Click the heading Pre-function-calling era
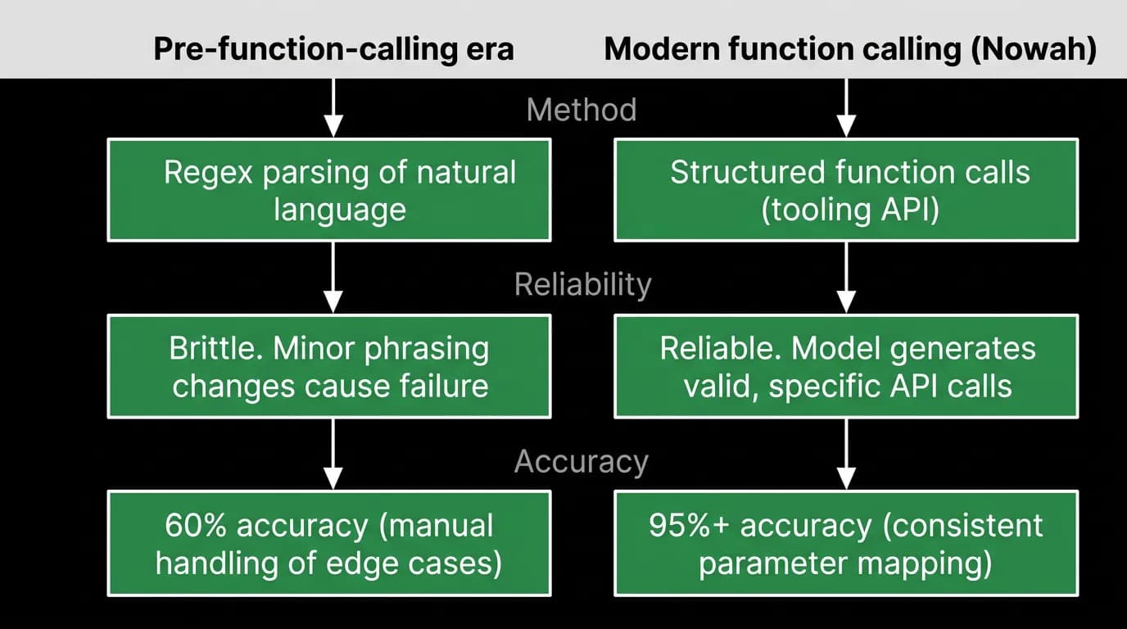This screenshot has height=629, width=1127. (333, 49)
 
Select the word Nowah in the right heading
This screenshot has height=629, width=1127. (1033, 49)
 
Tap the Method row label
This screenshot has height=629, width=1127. (582, 109)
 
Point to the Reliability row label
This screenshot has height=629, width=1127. (582, 285)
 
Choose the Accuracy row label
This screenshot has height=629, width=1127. (582, 462)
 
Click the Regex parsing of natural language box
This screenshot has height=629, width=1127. (329, 190)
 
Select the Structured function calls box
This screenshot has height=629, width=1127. (846, 190)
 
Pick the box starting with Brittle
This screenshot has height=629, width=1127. (329, 366)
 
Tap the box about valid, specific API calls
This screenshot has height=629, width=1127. (846, 366)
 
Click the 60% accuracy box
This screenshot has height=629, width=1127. (329, 544)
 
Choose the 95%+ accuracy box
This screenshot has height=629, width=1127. (846, 544)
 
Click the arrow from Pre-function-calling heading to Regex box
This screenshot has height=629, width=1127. (333, 107)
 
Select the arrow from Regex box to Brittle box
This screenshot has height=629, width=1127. (333, 278)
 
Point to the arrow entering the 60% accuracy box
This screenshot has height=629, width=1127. (333, 454)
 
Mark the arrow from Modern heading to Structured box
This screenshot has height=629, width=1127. (846, 107)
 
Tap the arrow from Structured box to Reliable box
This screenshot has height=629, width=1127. (846, 278)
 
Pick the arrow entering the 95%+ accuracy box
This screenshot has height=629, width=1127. (846, 454)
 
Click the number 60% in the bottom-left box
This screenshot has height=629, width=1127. (196, 526)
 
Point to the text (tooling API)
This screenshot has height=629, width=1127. (850, 210)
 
